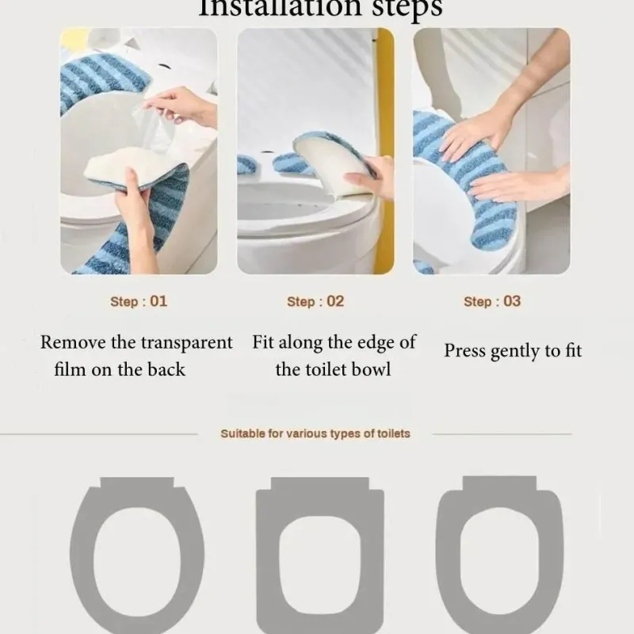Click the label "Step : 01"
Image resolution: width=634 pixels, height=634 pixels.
pos(139,301)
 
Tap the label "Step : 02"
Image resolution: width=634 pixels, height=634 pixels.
pos(315,301)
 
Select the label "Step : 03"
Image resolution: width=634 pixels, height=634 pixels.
pos(492,301)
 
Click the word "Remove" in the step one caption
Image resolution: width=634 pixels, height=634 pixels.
pos(70,343)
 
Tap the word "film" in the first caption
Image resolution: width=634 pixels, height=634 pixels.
pos(71,369)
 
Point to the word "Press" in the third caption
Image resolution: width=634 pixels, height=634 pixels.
pos(464,350)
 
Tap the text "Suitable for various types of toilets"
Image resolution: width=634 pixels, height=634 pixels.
pos(315,433)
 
